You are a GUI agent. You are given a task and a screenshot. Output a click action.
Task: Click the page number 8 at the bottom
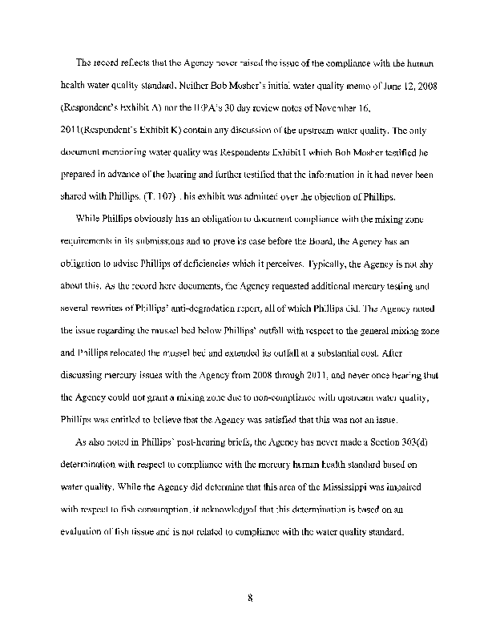250,597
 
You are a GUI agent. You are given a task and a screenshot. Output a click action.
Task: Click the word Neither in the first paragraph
180,85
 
